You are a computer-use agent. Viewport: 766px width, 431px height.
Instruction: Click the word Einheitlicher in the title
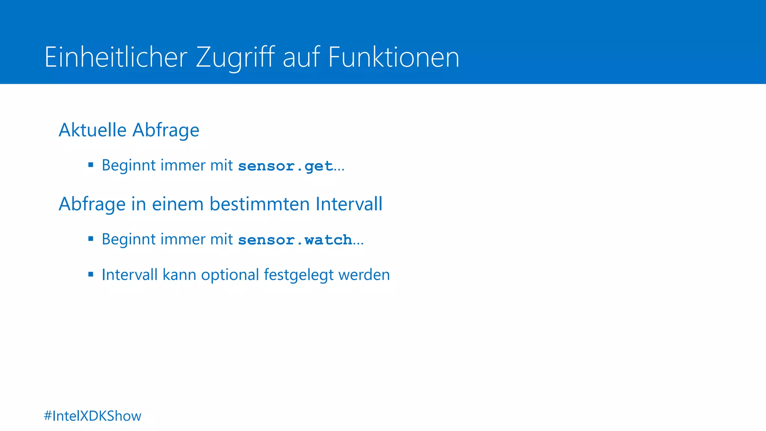[x=116, y=57]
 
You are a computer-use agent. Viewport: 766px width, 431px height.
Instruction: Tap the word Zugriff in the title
[x=235, y=57]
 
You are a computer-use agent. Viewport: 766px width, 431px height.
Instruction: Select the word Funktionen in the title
[x=393, y=57]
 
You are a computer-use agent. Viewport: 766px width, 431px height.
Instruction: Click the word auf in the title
[x=301, y=57]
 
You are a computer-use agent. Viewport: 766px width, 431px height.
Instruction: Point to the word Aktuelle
[x=93, y=130]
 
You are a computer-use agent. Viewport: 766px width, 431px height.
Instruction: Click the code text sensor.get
[x=285, y=166]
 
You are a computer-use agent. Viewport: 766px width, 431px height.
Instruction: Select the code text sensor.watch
[x=295, y=240]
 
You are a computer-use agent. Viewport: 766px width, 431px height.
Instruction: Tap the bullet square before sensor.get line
[x=91, y=165]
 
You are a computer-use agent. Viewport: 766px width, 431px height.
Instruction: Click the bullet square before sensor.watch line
[x=91, y=239]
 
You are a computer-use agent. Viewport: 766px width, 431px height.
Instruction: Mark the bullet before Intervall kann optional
[x=91, y=274]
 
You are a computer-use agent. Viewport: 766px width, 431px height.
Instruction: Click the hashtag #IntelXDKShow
[x=92, y=416]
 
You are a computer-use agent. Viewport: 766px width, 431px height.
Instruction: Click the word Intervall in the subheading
[x=349, y=204]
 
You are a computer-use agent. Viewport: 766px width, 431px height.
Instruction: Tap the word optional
[x=230, y=275]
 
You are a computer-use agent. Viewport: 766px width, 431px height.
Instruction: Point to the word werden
[x=364, y=275]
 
